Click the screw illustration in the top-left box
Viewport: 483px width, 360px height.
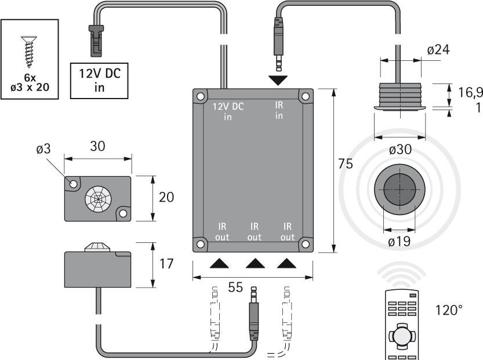pos(29,52)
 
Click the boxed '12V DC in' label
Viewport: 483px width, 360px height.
pos(99,81)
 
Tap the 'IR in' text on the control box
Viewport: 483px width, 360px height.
pos(279,110)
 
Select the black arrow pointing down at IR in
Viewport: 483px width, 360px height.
pos(278,81)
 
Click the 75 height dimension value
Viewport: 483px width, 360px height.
pos(346,163)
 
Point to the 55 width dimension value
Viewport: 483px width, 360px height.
pos(235,288)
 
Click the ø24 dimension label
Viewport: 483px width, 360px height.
pos(438,50)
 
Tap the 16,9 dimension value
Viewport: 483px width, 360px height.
pos(470,92)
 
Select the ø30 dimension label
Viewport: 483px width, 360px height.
pos(400,150)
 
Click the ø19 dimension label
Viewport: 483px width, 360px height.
pos(399,241)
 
